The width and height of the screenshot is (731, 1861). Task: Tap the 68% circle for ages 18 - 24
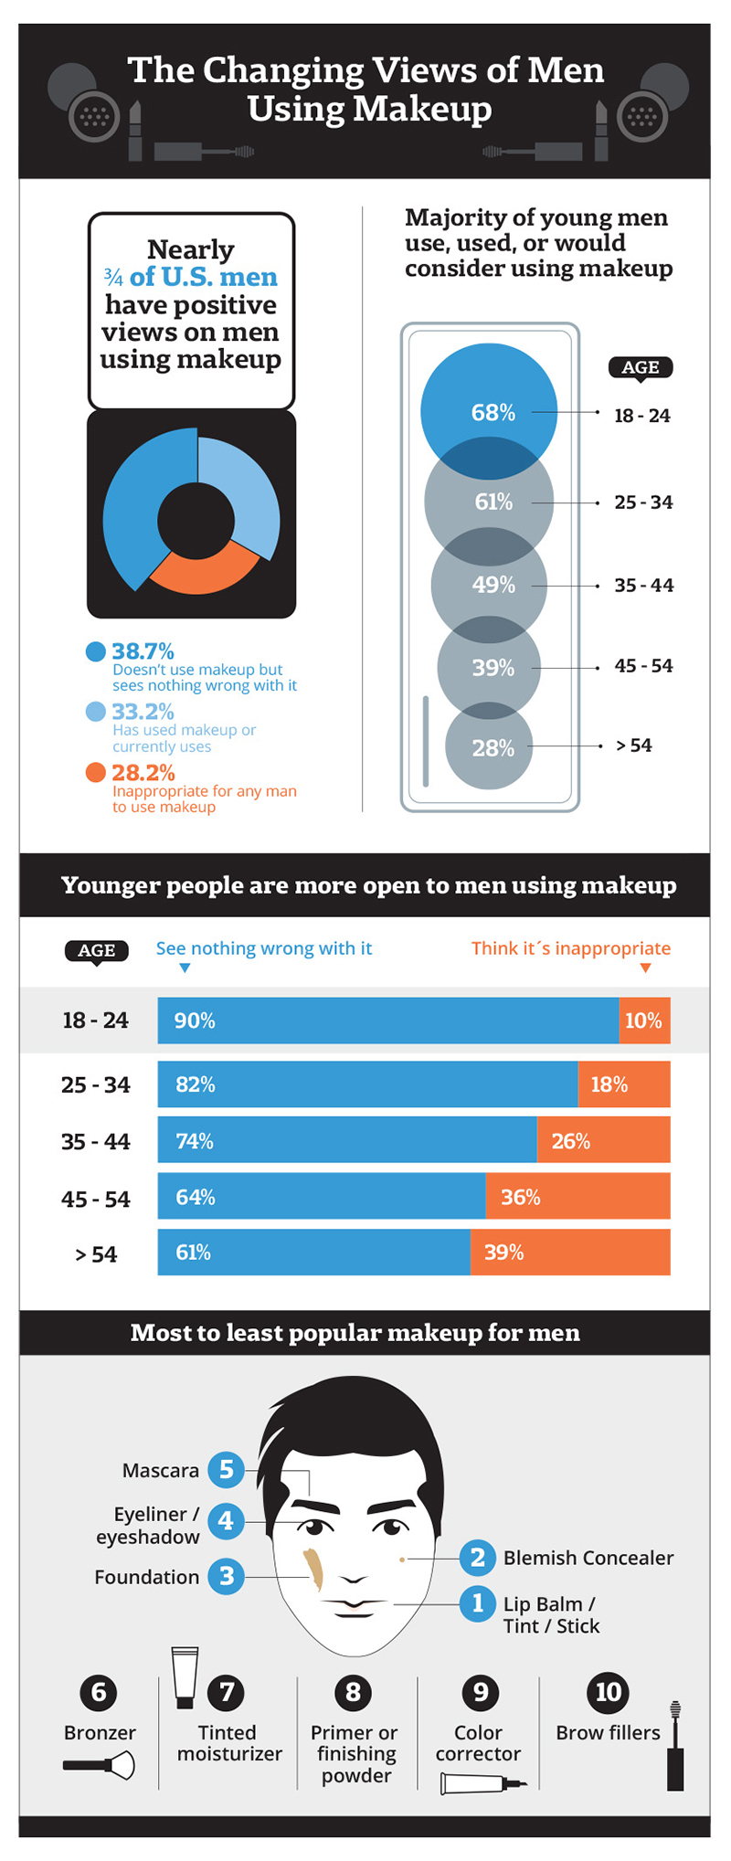pyautogui.click(x=489, y=402)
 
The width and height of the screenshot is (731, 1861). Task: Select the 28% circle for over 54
pyautogui.click(x=489, y=747)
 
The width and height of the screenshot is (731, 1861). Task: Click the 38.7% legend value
pyautogui.click(x=143, y=651)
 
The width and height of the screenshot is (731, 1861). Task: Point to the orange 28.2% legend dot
pyautogui.click(x=96, y=773)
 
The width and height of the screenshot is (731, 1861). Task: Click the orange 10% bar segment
pyautogui.click(x=644, y=1020)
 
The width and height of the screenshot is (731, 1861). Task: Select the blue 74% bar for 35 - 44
pyautogui.click(x=347, y=1140)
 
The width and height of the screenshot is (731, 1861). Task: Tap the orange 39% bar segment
pyautogui.click(x=570, y=1252)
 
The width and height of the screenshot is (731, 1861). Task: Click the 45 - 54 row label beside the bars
pyautogui.click(x=96, y=1199)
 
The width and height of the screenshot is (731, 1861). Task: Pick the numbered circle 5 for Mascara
pyautogui.click(x=226, y=1470)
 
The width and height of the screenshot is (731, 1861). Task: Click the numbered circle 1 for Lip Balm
pyautogui.click(x=477, y=1602)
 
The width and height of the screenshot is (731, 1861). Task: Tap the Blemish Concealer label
pyautogui.click(x=588, y=1558)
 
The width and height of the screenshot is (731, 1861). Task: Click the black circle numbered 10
pyautogui.click(x=608, y=1692)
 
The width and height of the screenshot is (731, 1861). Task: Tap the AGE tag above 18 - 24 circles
pyautogui.click(x=641, y=367)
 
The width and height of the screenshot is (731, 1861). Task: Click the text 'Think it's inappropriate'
pyautogui.click(x=570, y=948)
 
